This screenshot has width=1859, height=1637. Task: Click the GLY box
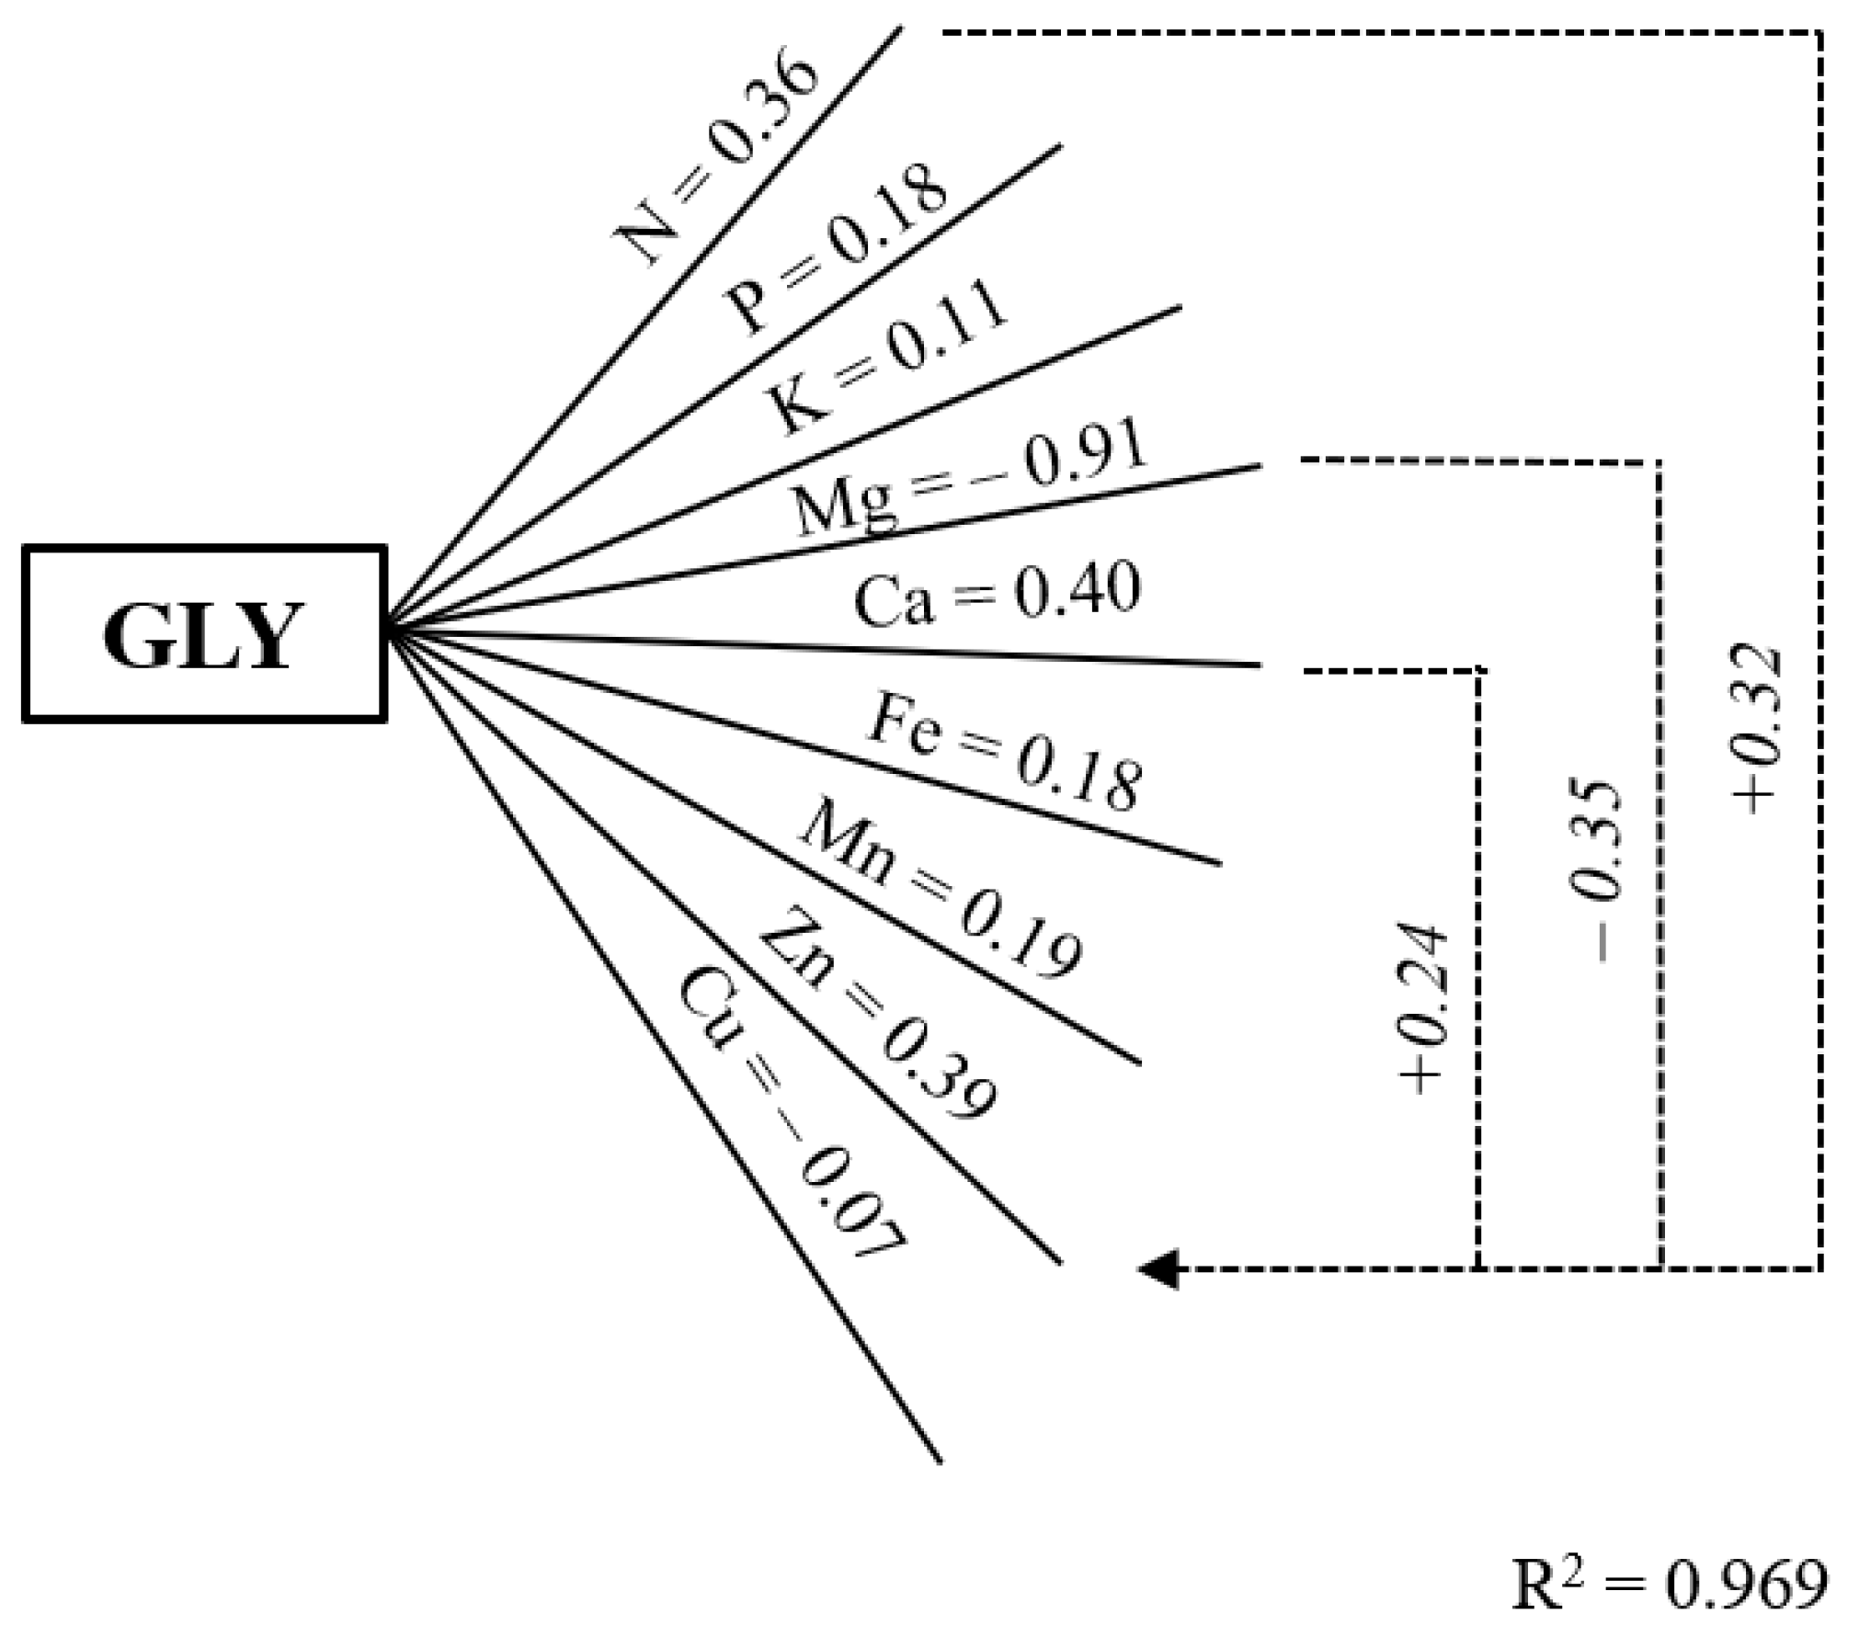[x=204, y=634]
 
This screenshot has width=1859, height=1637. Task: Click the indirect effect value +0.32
[x=1757, y=731]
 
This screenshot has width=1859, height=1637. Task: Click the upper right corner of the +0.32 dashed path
[x=1819, y=33]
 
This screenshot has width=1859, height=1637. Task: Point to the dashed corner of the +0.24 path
[x=1477, y=670]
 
